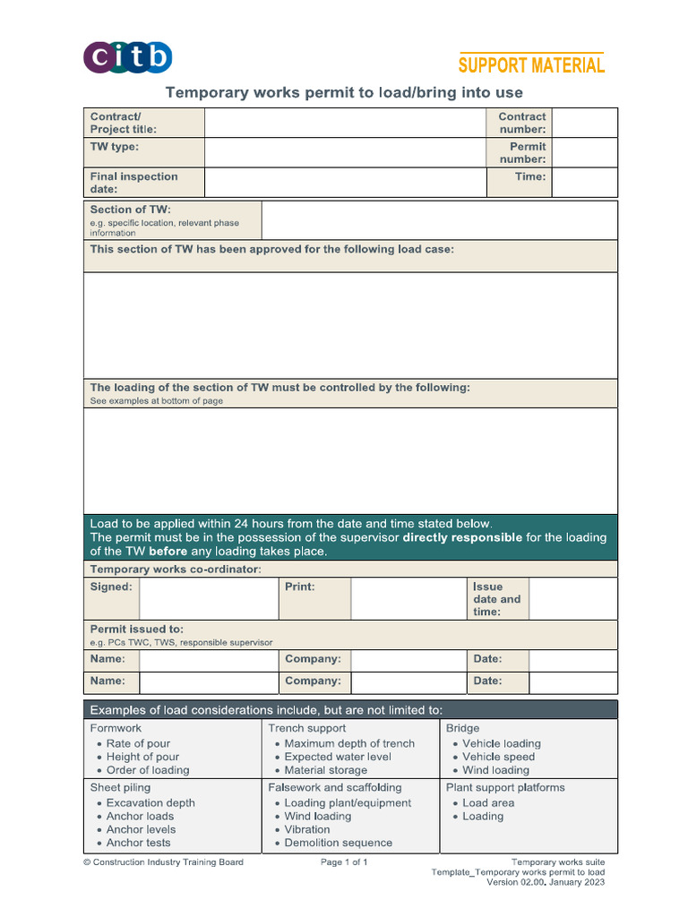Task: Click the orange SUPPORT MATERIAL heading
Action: (x=531, y=65)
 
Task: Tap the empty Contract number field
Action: (x=585, y=123)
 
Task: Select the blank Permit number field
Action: (x=585, y=152)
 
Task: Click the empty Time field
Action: (x=585, y=183)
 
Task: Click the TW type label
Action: (x=115, y=147)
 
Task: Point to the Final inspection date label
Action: (x=133, y=183)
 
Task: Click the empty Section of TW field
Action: (x=439, y=220)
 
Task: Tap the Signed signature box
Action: (x=208, y=599)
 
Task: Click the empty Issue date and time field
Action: (x=572, y=599)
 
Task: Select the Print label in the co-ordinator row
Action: (x=299, y=587)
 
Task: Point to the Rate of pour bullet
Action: (x=137, y=743)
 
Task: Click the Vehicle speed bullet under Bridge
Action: (x=498, y=757)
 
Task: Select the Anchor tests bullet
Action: (x=138, y=843)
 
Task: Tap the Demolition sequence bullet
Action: (x=338, y=843)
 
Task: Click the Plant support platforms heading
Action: (x=505, y=788)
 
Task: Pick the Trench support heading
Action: (x=307, y=729)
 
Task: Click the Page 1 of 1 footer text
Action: (x=344, y=862)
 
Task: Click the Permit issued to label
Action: (x=136, y=630)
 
